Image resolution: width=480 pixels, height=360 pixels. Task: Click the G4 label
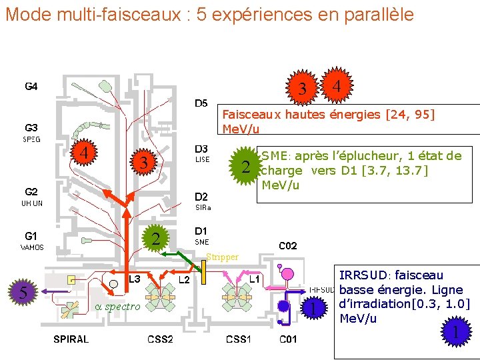(31, 86)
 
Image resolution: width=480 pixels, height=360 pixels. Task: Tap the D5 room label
(201, 103)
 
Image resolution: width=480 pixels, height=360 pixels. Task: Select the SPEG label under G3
(31, 139)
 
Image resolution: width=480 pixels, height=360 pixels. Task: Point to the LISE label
(202, 159)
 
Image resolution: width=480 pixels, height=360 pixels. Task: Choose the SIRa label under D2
(203, 208)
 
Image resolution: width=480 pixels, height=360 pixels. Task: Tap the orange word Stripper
(222, 257)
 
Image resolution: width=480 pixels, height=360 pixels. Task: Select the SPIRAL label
(71, 339)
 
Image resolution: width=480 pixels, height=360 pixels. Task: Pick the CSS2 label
(160, 339)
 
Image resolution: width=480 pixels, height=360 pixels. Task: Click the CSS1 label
(239, 339)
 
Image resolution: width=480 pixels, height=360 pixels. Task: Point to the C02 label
(288, 246)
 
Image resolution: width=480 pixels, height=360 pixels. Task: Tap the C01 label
(288, 339)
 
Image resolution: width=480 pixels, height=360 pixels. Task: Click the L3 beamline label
(135, 278)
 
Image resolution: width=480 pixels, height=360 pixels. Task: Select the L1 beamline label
(255, 278)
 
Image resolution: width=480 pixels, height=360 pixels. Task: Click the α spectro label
(117, 306)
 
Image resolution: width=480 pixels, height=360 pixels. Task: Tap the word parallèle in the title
(380, 14)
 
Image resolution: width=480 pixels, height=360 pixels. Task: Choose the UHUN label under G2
(32, 203)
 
